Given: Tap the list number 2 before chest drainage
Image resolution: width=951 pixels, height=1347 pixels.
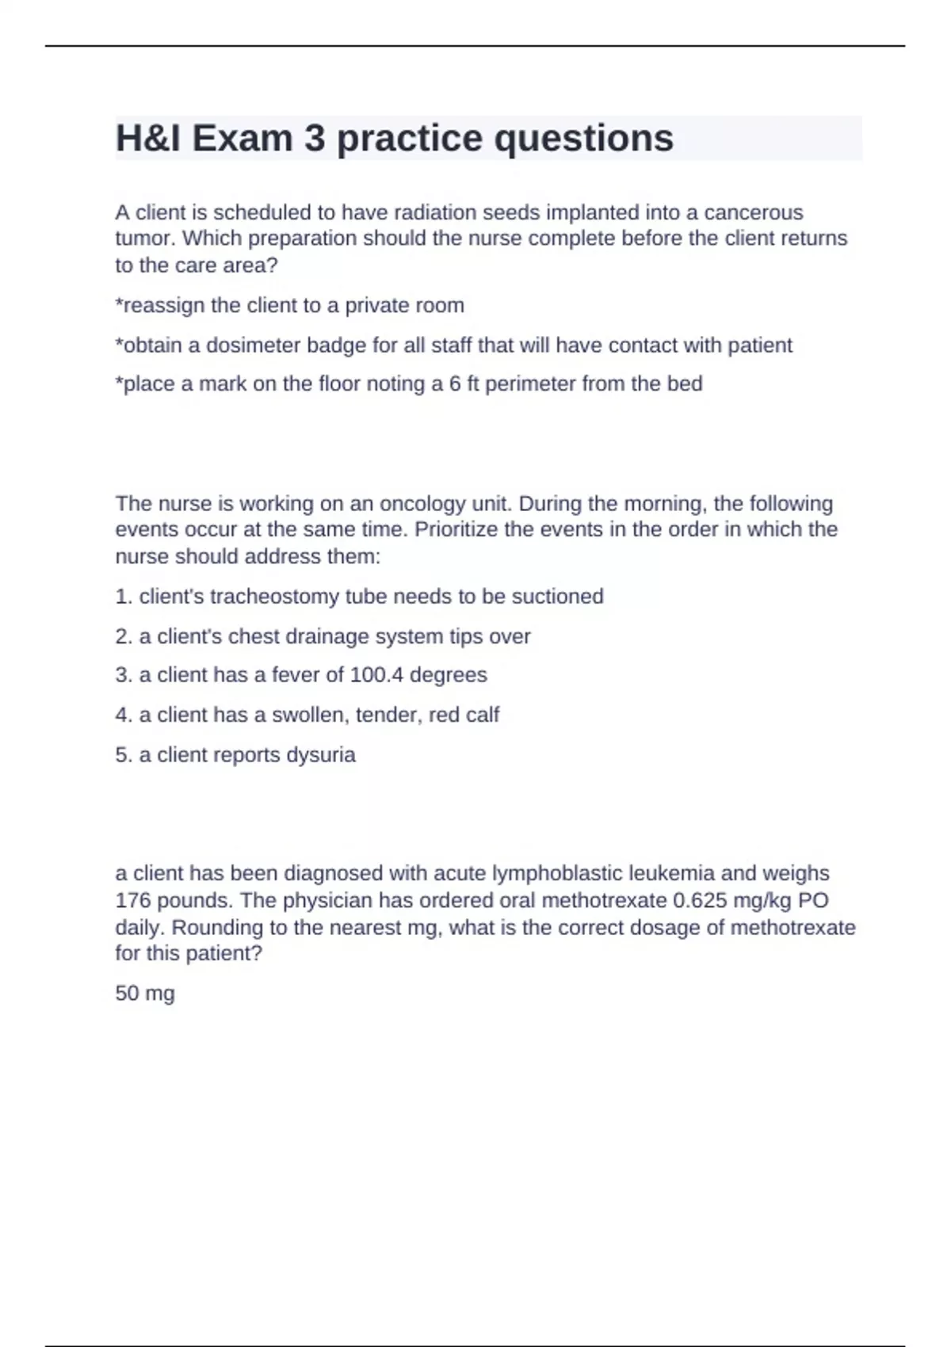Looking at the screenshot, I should [x=122, y=636].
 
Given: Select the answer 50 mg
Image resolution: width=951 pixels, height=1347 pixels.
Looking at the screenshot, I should [x=145, y=994].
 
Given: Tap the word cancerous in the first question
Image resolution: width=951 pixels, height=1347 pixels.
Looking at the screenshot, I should [x=754, y=212].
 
